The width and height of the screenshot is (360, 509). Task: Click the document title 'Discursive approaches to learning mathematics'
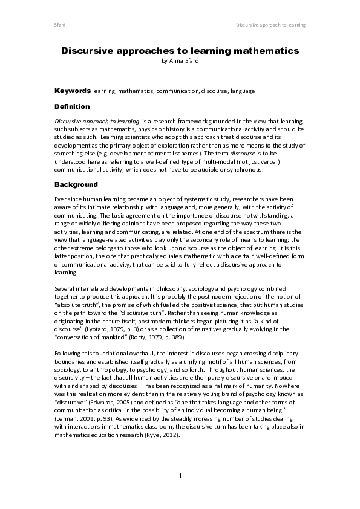(x=180, y=51)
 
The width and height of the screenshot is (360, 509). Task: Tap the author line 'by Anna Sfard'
(x=180, y=61)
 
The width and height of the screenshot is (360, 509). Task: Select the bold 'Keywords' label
(x=72, y=91)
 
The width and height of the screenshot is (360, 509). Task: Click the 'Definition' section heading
(x=72, y=106)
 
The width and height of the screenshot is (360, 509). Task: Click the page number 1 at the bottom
(x=180, y=477)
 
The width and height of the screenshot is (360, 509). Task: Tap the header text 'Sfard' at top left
(x=60, y=25)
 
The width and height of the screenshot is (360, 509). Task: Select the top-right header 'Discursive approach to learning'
(x=270, y=25)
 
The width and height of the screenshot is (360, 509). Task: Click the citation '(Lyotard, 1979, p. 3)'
(x=113, y=329)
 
